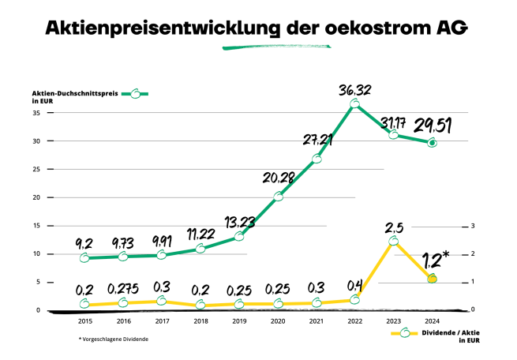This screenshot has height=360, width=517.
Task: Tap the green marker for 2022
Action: click(x=354, y=103)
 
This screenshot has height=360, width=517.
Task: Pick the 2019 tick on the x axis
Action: click(x=239, y=321)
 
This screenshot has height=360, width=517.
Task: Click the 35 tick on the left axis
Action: click(x=36, y=113)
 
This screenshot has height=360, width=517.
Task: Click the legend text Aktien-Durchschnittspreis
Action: click(x=77, y=93)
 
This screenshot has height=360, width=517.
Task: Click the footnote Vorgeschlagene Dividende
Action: click(x=115, y=339)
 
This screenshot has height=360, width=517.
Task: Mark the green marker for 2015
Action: click(x=84, y=257)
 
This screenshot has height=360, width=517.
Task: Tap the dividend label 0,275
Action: click(x=124, y=289)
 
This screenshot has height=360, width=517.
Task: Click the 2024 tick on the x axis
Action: click(x=432, y=321)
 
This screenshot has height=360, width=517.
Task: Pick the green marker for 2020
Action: click(x=278, y=196)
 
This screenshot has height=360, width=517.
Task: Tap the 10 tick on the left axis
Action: click(x=36, y=253)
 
